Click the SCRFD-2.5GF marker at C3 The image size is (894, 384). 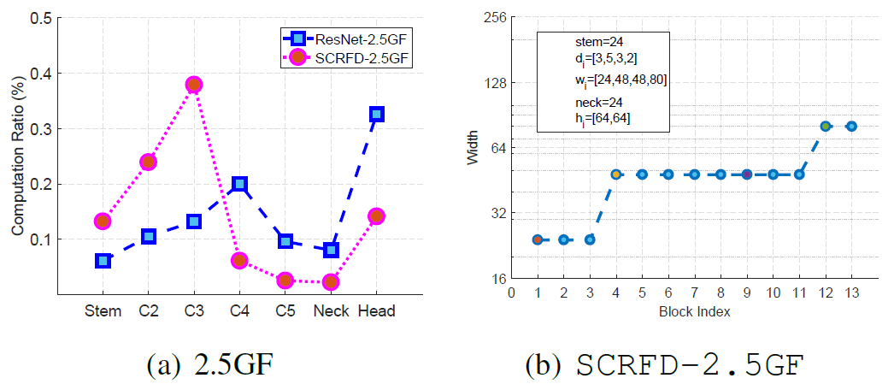click(x=194, y=85)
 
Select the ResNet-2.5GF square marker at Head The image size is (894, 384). click(x=376, y=114)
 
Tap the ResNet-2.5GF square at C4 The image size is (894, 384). click(x=240, y=184)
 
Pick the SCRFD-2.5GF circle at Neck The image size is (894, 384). click(x=331, y=281)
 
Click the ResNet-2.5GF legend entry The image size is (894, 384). click(x=342, y=38)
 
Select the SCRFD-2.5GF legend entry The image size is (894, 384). click(x=342, y=58)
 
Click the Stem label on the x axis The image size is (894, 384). click(x=103, y=311)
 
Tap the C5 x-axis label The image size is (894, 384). click(x=285, y=311)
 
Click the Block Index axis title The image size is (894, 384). click(x=694, y=312)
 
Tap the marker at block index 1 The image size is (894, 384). click(x=538, y=239)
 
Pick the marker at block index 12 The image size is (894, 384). click(x=826, y=126)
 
